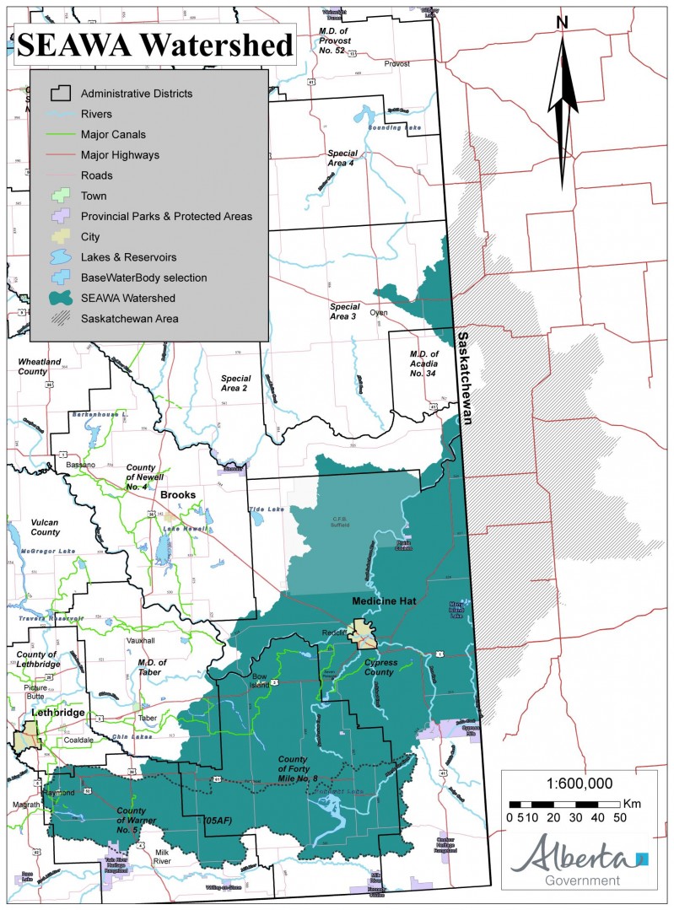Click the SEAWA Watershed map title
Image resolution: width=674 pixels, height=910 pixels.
[155, 43]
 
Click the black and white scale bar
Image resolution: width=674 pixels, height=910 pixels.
[564, 803]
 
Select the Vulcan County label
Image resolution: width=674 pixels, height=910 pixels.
[40, 527]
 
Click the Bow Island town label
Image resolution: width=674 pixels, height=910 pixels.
[259, 682]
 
